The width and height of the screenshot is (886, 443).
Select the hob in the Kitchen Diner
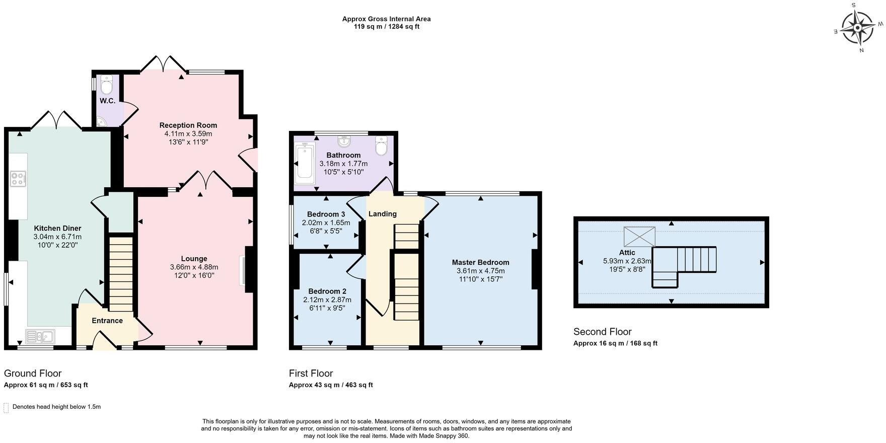[18, 179]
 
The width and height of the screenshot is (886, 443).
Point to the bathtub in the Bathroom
[305, 161]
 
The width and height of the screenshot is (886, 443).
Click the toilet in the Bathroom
[381, 146]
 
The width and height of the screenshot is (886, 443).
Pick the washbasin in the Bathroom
[344, 141]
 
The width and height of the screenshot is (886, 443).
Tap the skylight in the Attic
[639, 237]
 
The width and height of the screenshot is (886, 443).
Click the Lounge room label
[194, 259]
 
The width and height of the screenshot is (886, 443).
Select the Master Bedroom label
[480, 262]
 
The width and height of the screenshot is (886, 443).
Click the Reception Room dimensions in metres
[188, 134]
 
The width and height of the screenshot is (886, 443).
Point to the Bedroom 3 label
[326, 214]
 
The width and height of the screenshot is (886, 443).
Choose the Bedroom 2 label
[327, 291]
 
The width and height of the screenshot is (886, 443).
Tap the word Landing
[383, 214]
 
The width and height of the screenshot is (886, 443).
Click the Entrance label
[107, 321]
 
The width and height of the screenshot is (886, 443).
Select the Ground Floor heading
[33, 374]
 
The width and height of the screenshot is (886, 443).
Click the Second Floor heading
[602, 332]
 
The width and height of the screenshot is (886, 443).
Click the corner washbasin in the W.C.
[102, 121]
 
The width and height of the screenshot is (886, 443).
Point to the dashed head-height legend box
[6, 407]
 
